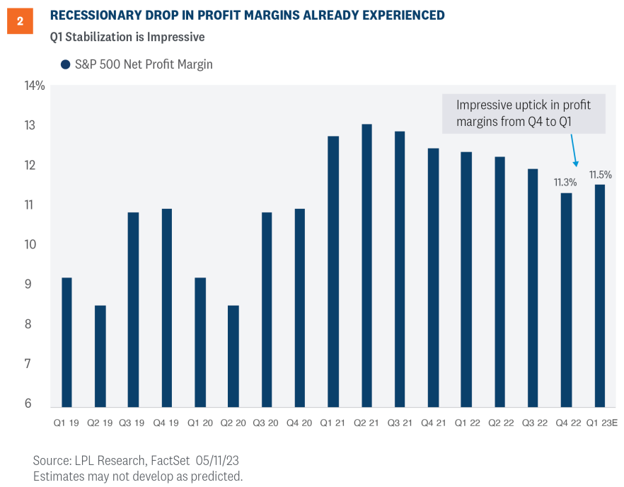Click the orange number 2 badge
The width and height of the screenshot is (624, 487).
coord(20,21)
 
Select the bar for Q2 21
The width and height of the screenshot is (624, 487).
coord(366,265)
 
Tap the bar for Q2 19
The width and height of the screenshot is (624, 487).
coord(100,356)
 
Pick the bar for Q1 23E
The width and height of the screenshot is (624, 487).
coord(600,295)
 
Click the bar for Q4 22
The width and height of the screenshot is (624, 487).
coord(566,299)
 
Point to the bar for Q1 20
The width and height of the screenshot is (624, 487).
coord(200,342)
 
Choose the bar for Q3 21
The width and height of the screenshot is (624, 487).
coord(400,269)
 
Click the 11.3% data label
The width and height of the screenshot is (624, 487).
coord(565,182)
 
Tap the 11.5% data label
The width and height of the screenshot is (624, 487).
coord(600,174)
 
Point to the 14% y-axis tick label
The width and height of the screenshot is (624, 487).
coord(35,86)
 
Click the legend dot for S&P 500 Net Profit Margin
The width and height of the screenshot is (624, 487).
coord(65,64)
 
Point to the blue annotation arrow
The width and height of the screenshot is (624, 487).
coord(572,149)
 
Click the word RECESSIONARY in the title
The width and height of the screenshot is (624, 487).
coord(94,15)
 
